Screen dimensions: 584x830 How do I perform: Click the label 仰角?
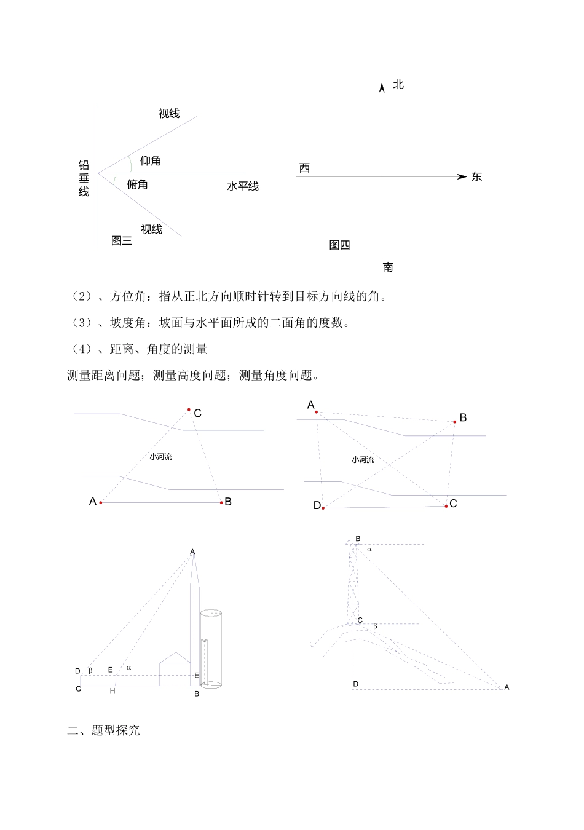click(x=151, y=161)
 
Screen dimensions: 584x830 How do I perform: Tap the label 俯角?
click(x=137, y=184)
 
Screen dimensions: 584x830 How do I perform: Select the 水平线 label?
click(x=243, y=186)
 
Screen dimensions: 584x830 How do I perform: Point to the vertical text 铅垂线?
click(x=84, y=178)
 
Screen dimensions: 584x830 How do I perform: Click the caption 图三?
click(x=122, y=241)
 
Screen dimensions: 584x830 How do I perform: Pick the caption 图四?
click(x=339, y=245)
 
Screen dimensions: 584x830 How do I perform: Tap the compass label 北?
click(x=398, y=85)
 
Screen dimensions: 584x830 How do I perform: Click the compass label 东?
click(x=476, y=177)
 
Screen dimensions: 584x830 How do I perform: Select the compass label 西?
click(x=304, y=168)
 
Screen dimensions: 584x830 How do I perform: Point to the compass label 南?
click(x=388, y=267)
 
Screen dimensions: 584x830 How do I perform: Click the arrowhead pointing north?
click(x=382, y=87)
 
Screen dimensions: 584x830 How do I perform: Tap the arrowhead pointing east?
click(x=462, y=177)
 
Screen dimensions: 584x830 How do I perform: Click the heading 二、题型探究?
click(x=103, y=730)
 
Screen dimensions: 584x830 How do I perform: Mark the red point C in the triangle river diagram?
click(x=189, y=409)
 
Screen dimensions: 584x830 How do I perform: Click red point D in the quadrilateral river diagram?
click(x=323, y=508)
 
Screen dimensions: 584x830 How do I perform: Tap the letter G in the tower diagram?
click(x=79, y=689)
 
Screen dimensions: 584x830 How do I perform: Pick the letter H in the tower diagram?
click(x=112, y=691)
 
